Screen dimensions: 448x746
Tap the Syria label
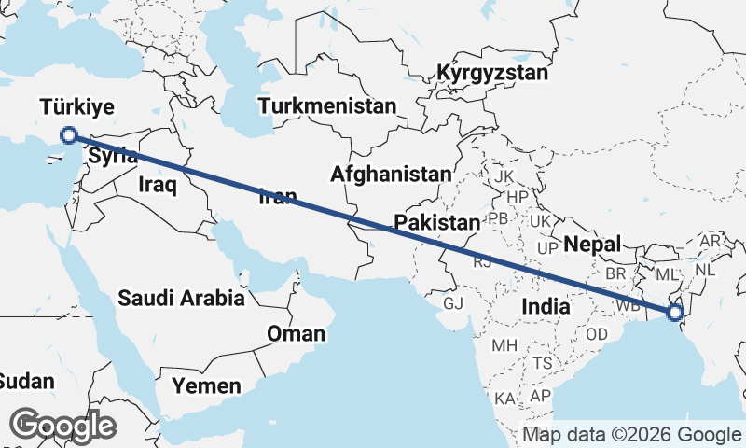coord(113,156)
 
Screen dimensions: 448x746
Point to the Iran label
coord(277,196)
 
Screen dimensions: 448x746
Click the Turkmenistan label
coord(327,105)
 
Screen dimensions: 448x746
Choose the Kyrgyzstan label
coord(492,73)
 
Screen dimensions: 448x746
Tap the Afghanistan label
coord(391,174)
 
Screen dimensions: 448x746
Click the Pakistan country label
coord(436,222)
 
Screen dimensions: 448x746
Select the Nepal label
coord(593,245)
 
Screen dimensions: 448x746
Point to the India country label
coord(546,305)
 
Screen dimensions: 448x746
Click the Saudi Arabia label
coord(181,299)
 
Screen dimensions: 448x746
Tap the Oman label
coord(297,333)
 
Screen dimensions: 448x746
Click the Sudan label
coord(26,381)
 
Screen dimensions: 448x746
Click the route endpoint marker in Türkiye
coord(68,135)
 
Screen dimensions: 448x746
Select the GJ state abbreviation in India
coord(453,304)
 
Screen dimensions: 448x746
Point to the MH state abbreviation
coord(504,345)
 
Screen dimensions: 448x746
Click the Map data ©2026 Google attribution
coord(631,435)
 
